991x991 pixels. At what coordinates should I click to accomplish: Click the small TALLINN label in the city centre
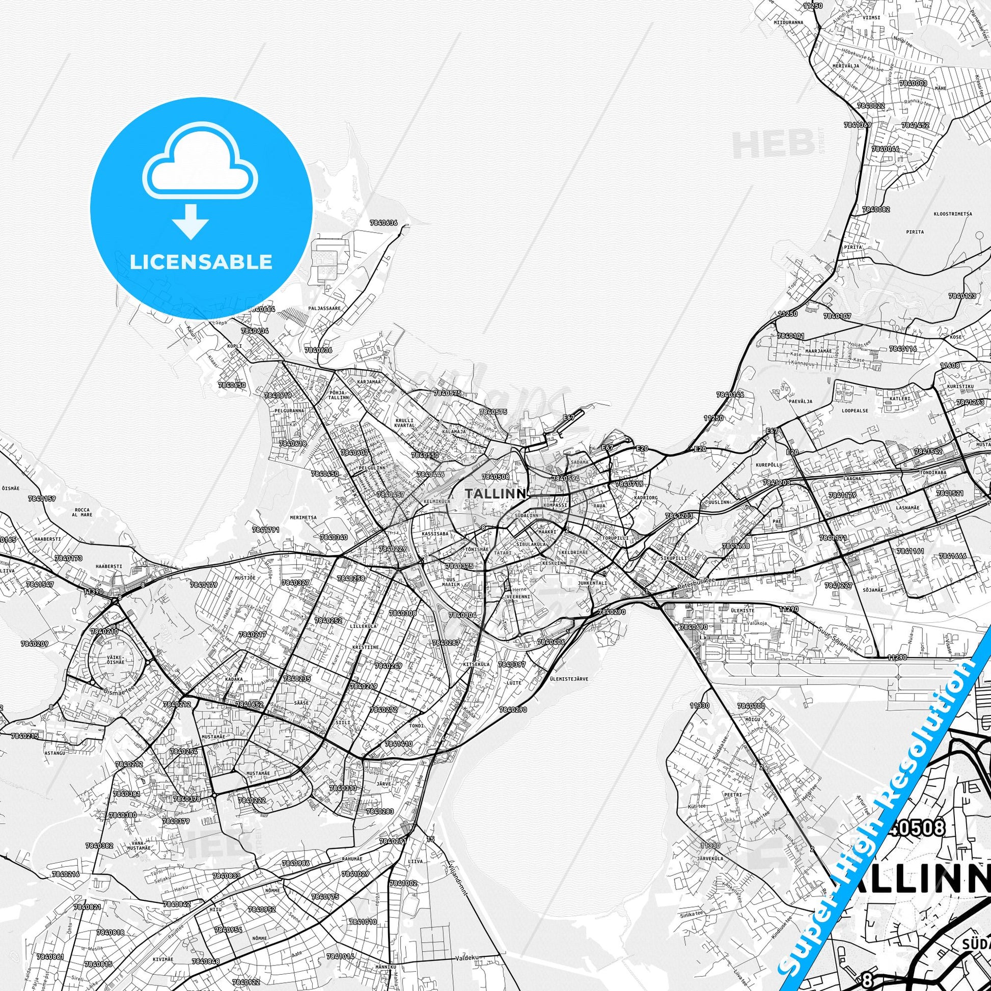click(495, 493)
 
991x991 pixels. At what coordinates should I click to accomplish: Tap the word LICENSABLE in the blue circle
click(201, 262)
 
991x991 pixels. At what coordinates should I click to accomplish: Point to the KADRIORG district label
click(646, 498)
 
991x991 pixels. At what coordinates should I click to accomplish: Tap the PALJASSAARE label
click(325, 308)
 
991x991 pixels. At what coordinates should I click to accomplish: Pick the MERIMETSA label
click(303, 517)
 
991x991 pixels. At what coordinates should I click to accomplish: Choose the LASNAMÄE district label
click(907, 507)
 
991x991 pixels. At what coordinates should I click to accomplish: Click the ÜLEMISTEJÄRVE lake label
click(569, 679)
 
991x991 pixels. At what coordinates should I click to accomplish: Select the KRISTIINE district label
click(366, 647)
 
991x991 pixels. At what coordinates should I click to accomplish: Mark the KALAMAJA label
click(454, 432)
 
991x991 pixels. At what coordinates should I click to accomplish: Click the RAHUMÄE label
click(352, 859)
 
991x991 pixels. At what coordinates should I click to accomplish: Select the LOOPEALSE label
click(855, 411)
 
